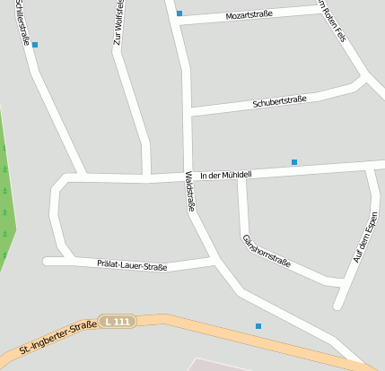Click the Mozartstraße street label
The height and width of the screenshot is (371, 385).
coord(249,15)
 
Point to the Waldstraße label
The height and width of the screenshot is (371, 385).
coord(190,190)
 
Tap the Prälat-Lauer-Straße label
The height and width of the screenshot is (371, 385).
coord(132,265)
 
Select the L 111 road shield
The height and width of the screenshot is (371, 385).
coord(117,321)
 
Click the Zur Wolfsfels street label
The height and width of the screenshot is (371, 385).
coord(118,23)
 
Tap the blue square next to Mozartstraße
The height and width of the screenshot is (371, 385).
coord(179,13)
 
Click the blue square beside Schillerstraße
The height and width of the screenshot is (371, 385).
coord(35,45)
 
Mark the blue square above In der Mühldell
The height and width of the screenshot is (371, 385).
coord(293,162)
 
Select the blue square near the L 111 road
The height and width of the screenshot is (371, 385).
coord(258,326)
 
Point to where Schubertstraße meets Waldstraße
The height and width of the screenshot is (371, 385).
coord(188,112)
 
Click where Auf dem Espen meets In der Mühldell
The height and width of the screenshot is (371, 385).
coord(371,167)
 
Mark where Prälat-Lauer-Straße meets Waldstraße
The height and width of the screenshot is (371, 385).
coord(214,262)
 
